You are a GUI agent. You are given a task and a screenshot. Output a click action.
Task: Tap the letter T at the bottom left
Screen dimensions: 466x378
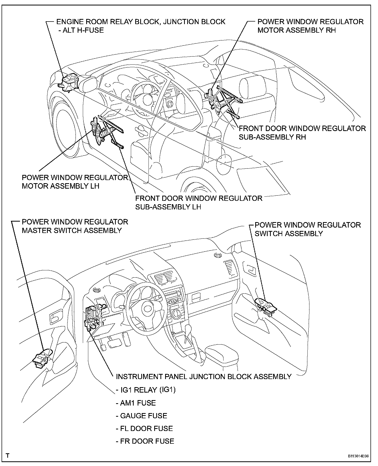(8, 456)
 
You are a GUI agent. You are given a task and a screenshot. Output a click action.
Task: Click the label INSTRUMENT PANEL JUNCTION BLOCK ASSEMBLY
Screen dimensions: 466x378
(204, 376)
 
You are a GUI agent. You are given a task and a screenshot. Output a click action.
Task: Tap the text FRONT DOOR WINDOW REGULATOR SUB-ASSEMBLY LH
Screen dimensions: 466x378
(199, 202)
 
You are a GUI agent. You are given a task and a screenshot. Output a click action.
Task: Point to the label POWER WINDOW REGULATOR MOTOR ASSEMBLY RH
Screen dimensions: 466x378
(310, 26)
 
